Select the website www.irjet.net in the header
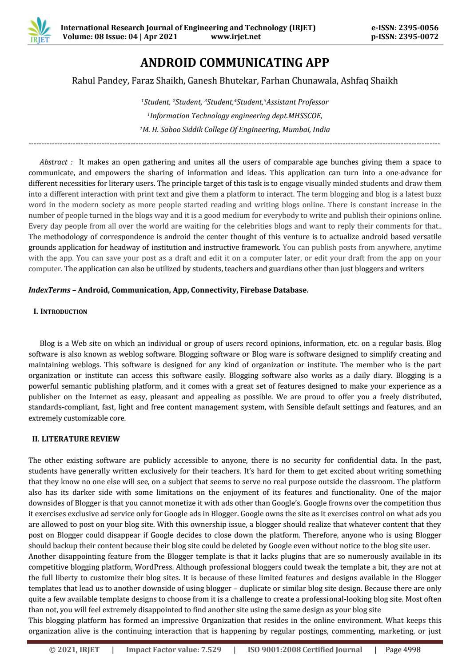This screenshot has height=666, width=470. pyautogui.click(x=236, y=36)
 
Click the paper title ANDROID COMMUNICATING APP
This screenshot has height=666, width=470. pyautogui.click(x=235, y=62)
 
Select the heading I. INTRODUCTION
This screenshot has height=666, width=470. pyautogui.click(x=60, y=312)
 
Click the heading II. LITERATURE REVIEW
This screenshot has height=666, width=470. pyautogui.click(x=76, y=439)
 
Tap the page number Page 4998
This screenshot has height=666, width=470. pyautogui.click(x=402, y=650)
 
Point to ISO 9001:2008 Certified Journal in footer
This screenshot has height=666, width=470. pyautogui.click(x=304, y=650)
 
